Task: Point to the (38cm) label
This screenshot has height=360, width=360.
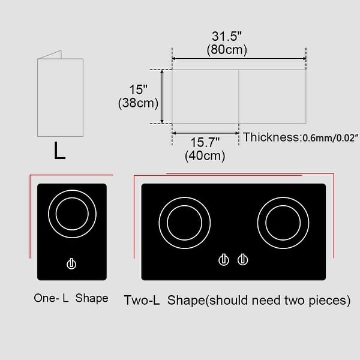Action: pos(138,103)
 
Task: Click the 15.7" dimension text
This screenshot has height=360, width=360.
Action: pos(205,143)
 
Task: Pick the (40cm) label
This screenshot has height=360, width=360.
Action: pos(205,156)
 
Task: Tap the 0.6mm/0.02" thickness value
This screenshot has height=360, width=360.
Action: pos(330,138)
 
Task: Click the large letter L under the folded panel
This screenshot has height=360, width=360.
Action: pos(59,152)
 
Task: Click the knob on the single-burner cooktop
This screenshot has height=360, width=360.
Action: pos(71,263)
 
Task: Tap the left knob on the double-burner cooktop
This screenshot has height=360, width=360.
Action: pos(224,260)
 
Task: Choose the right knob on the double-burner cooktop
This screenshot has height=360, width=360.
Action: pos(242,260)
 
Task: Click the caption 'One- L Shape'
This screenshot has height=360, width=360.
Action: pos(71,298)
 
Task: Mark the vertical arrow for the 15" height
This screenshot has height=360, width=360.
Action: pos(162,97)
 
